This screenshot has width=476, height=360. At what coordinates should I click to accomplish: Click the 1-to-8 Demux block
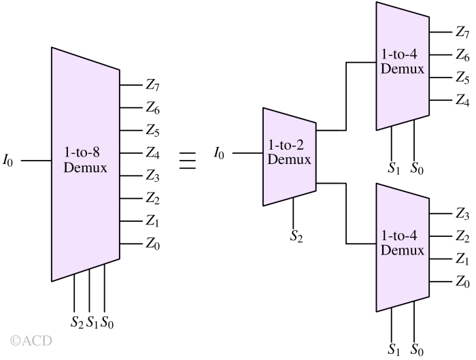(x=85, y=204)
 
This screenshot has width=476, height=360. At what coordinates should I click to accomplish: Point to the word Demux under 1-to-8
(x=85, y=167)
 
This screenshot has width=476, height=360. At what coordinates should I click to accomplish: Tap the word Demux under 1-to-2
(x=289, y=160)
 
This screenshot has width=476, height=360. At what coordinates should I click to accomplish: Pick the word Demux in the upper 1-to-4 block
(x=403, y=69)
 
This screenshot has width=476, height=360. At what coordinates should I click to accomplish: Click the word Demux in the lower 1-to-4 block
(x=403, y=250)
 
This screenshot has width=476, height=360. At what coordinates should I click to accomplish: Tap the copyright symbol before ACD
(x=15, y=340)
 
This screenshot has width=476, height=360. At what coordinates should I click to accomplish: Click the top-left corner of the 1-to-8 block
(x=52, y=48)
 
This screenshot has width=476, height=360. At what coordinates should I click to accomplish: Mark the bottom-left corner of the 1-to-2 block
(x=264, y=205)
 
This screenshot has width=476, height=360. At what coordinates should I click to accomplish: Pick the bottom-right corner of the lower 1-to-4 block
(x=428, y=297)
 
